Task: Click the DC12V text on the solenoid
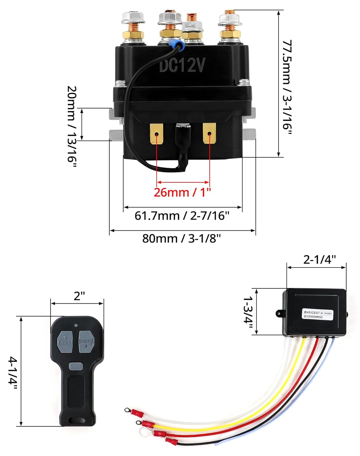point(182,65)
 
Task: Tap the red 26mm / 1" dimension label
point(182,192)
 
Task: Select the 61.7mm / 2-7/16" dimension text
point(182,216)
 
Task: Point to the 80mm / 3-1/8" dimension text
point(182,239)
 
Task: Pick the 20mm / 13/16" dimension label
point(72,128)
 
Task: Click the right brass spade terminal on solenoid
point(209,133)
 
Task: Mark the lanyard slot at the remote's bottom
point(76,420)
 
